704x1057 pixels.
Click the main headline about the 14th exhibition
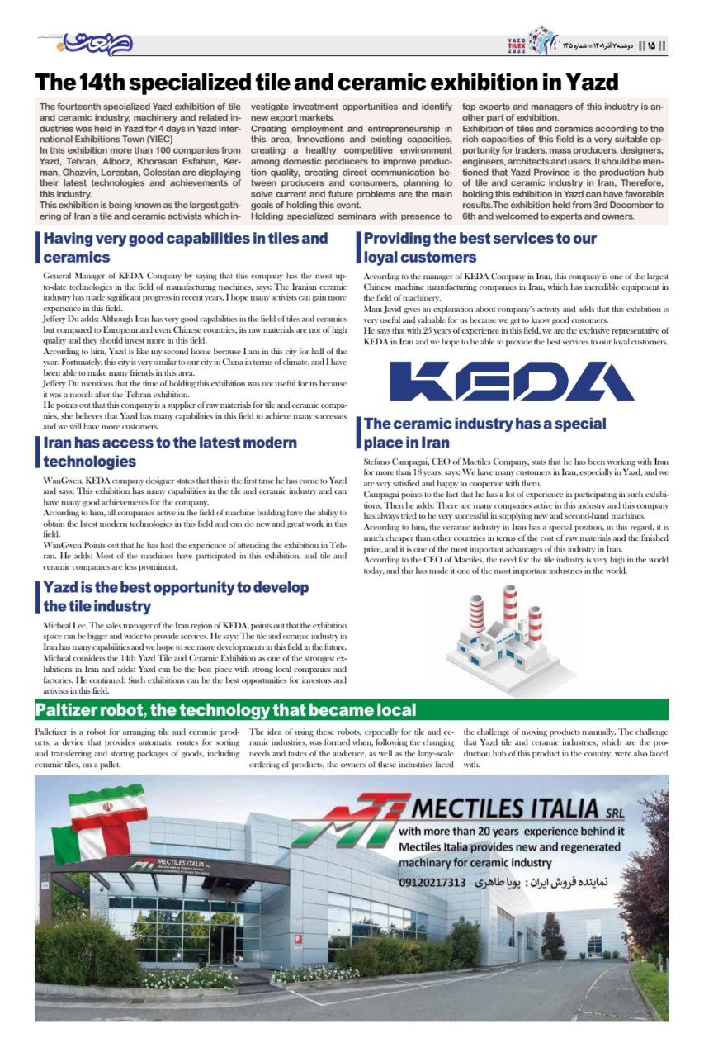[326, 83]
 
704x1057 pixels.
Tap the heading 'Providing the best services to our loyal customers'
[480, 248]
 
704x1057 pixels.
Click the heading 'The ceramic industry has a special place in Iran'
[485, 433]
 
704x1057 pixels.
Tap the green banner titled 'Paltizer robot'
[351, 709]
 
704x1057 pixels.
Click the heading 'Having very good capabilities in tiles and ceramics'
[186, 248]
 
